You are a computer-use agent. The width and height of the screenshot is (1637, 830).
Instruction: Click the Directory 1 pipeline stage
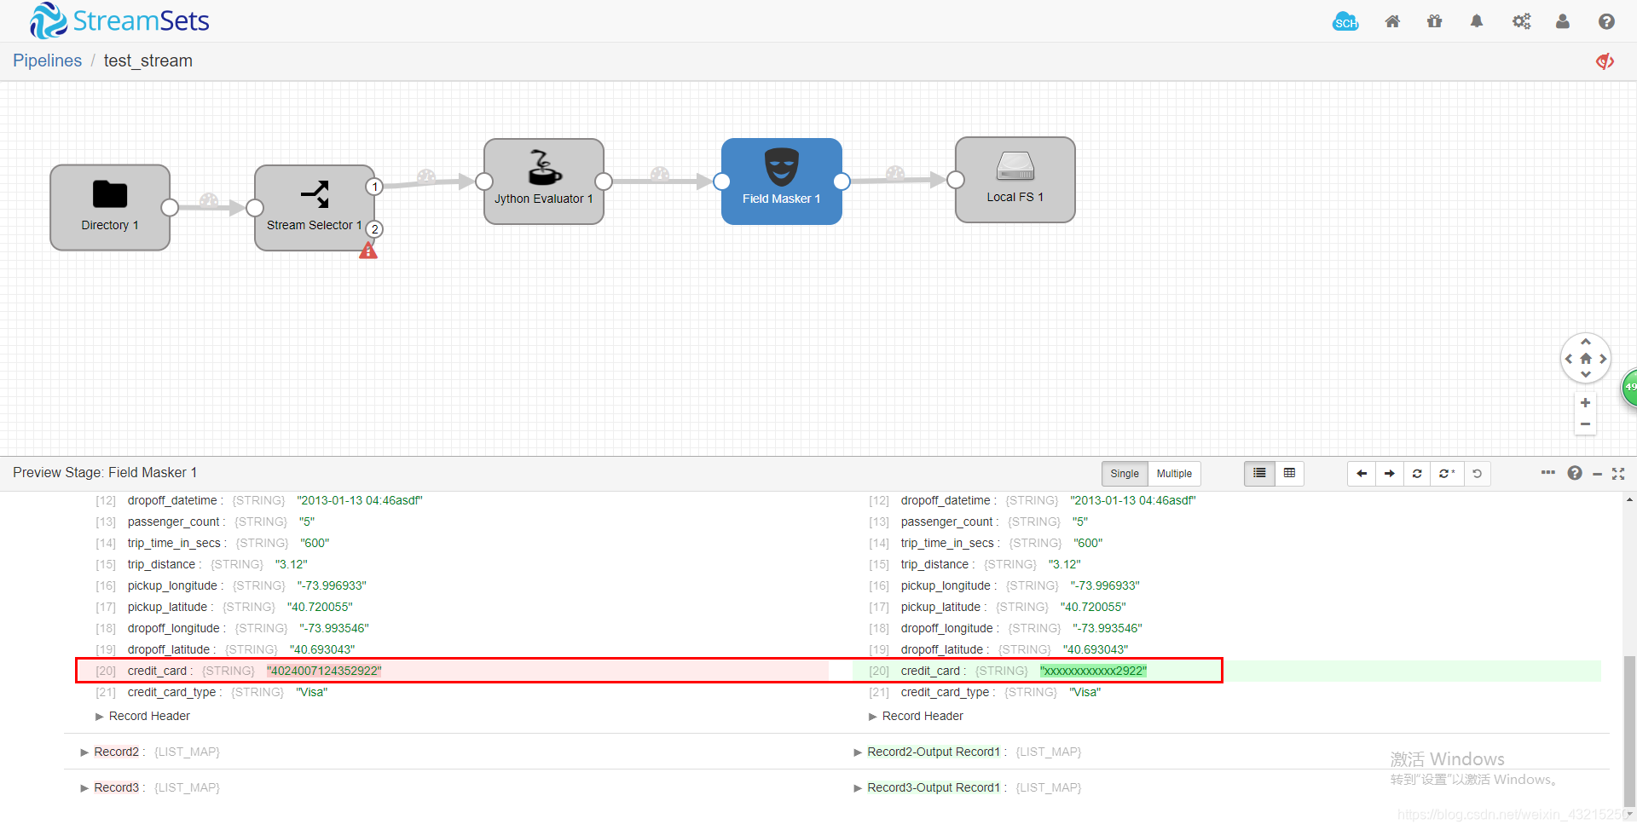110,208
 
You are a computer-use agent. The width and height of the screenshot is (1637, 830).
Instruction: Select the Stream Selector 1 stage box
314,208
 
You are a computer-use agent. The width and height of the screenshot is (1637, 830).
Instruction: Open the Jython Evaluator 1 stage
544,182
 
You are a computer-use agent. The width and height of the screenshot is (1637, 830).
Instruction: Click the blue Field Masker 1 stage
782,182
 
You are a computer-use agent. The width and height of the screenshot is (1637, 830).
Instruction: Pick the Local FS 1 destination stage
1015,180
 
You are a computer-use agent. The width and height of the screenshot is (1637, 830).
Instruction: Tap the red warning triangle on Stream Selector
368,251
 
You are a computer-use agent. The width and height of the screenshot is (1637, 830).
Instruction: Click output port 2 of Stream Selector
374,229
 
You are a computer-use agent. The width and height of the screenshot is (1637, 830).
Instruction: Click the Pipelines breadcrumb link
48,61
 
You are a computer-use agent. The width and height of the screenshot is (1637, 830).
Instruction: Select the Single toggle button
1125,474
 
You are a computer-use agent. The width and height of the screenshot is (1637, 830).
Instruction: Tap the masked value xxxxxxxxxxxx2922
1093,671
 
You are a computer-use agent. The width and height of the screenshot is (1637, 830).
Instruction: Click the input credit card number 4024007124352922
324,671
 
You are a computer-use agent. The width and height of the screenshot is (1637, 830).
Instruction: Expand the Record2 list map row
116,752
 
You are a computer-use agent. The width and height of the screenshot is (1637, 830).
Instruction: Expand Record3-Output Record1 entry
934,787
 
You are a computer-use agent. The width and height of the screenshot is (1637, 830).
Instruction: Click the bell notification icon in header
1477,21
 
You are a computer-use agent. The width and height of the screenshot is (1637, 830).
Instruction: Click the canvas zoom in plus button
1585,403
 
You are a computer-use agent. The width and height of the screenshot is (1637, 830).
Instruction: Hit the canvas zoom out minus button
1585,424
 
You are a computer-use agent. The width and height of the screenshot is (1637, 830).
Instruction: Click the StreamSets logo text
142,20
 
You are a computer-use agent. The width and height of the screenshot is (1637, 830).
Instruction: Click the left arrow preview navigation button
1362,474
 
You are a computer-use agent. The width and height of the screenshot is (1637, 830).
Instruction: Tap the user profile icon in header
1563,21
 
